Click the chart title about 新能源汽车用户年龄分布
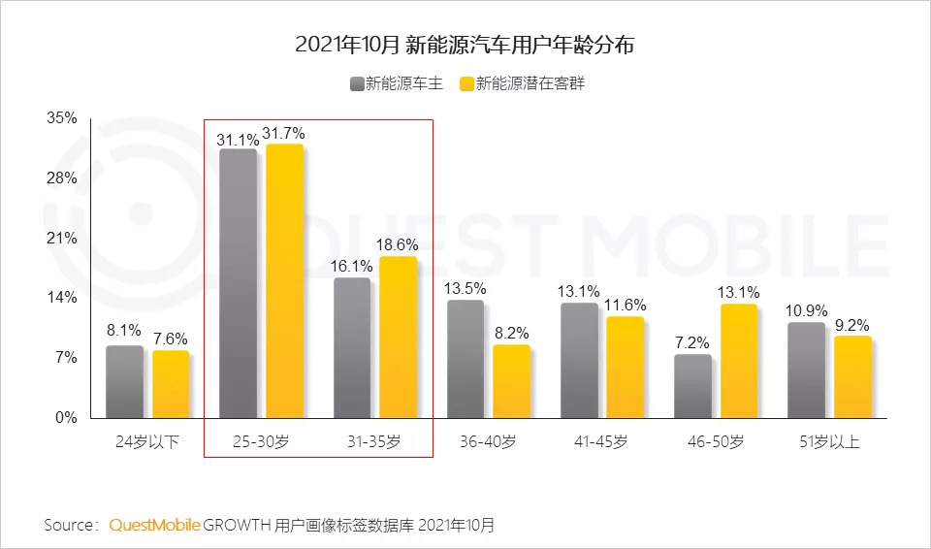465,45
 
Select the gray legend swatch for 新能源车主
356,84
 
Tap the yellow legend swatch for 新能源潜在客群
466,84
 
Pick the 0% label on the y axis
66,418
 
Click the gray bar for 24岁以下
124,382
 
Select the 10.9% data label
807,311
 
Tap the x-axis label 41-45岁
600,442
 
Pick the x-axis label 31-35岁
373,442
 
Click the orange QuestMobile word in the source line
154,525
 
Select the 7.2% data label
692,343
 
